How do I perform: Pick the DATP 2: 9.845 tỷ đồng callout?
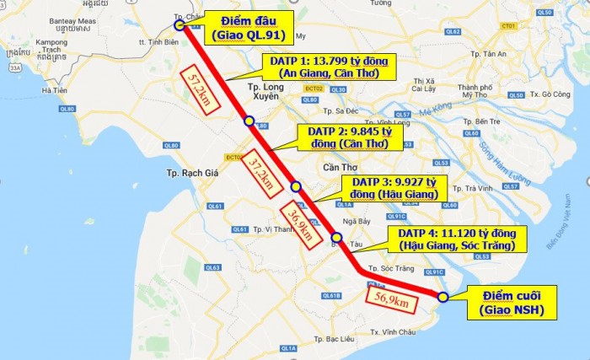[348, 137]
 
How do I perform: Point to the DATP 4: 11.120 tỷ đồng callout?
[456, 239]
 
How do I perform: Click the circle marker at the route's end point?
[443, 296]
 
